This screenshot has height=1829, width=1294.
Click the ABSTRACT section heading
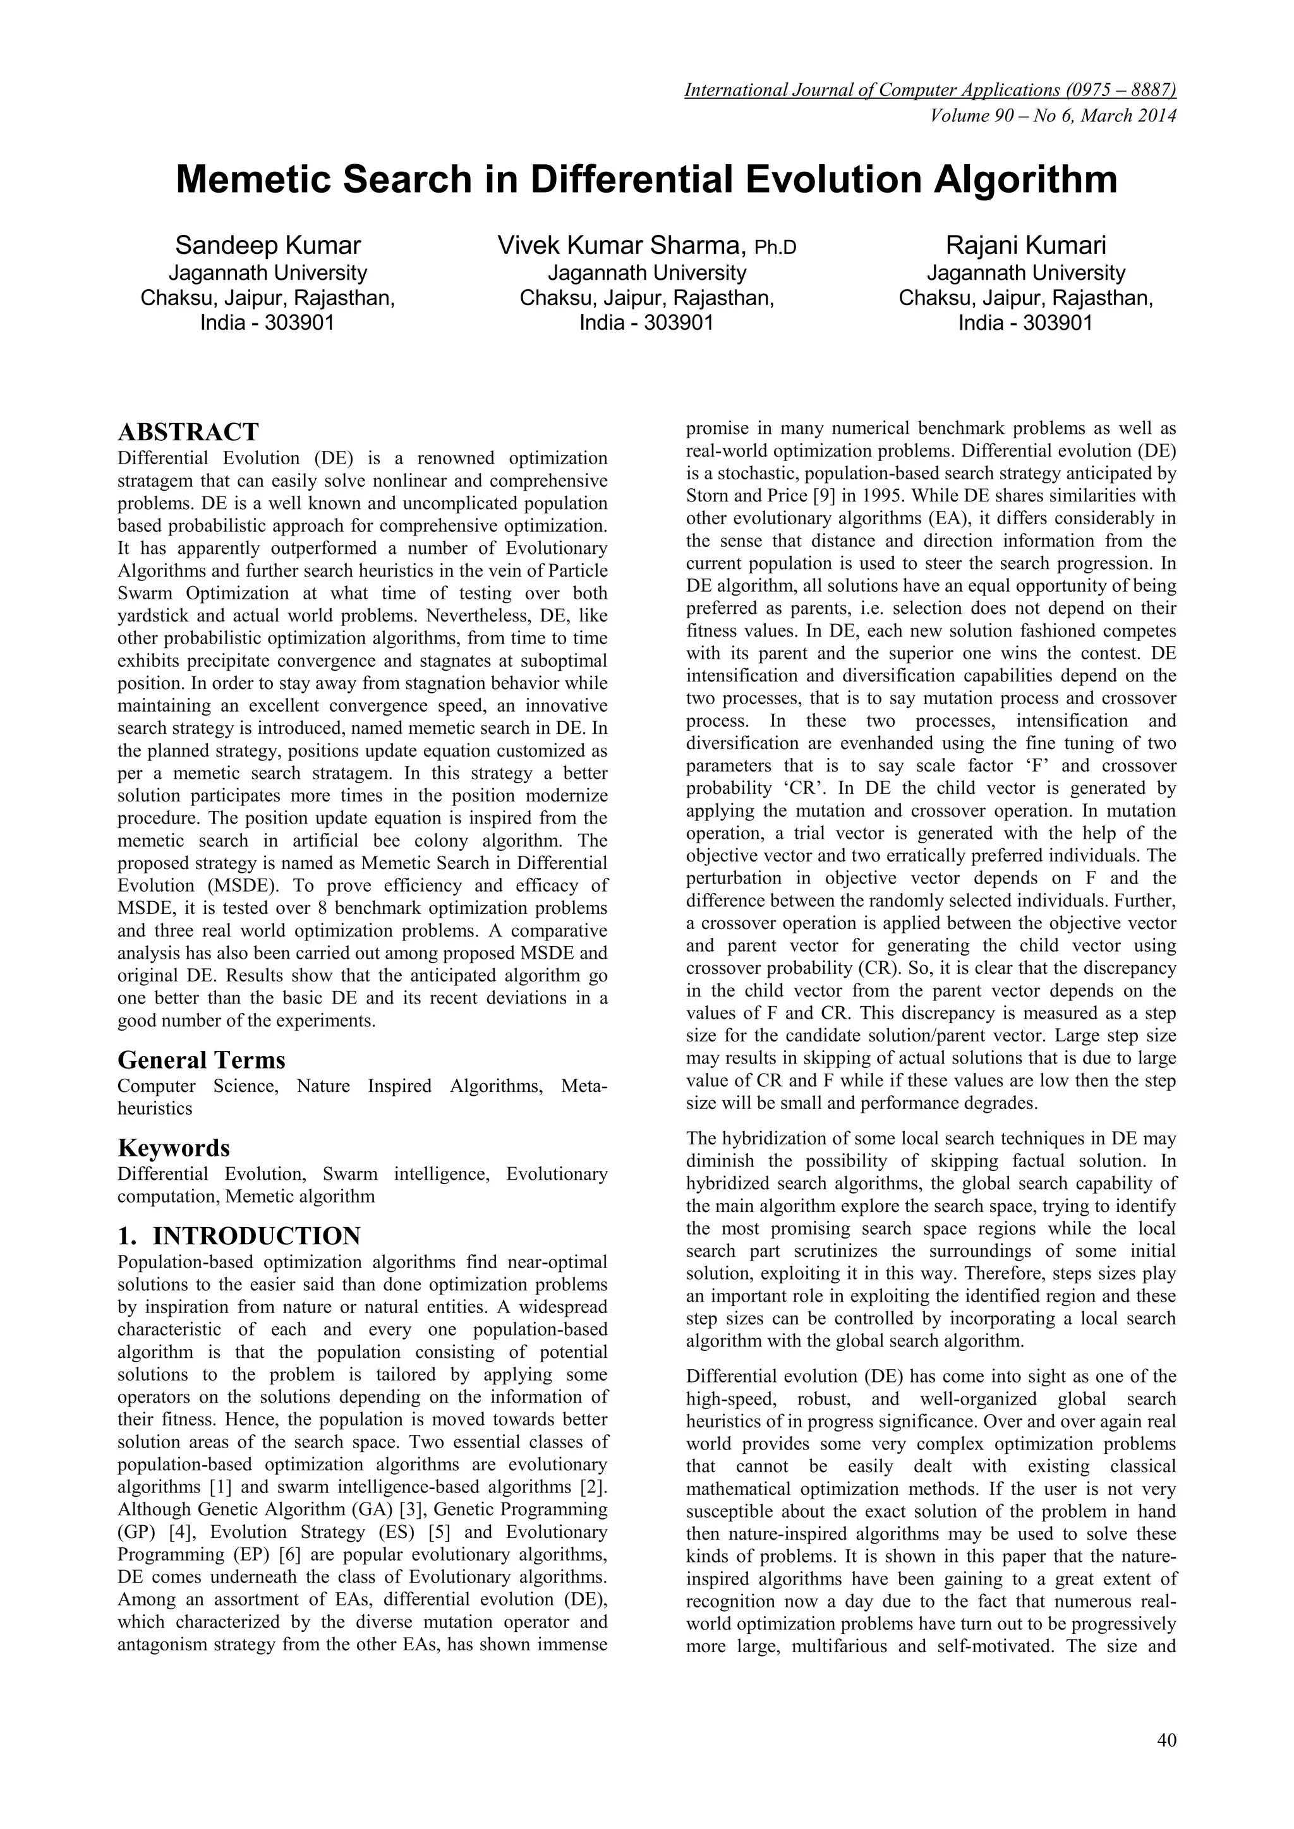188,433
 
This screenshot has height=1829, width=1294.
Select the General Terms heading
201,1060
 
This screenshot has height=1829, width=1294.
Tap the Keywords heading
174,1148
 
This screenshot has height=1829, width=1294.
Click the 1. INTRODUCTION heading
238,1235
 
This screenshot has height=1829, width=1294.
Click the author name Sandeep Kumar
268,245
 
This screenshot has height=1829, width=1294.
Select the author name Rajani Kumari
1025,245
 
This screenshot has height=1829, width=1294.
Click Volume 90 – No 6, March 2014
1053,116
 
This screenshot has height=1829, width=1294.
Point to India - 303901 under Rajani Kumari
1025,323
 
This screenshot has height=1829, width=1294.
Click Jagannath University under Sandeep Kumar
268,273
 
